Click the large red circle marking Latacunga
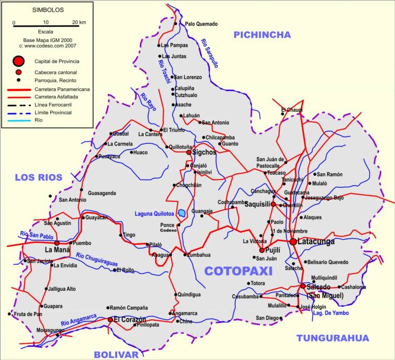pos(293,241)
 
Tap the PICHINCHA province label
pos(262,35)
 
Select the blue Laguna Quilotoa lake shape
pos(182,213)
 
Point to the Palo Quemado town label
pos(201,24)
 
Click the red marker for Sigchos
pos(189,152)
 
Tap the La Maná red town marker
pos(57,243)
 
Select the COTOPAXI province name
pos(238,271)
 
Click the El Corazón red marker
pos(110,319)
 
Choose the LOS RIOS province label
pos(38,177)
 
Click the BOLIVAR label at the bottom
pos(116,354)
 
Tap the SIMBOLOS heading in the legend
pos(48,9)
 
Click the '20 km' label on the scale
pos(79,22)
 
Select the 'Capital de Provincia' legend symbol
pos(19,61)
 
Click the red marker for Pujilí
pos(262,250)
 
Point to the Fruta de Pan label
pos(28,314)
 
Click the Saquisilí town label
pos(257,205)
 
